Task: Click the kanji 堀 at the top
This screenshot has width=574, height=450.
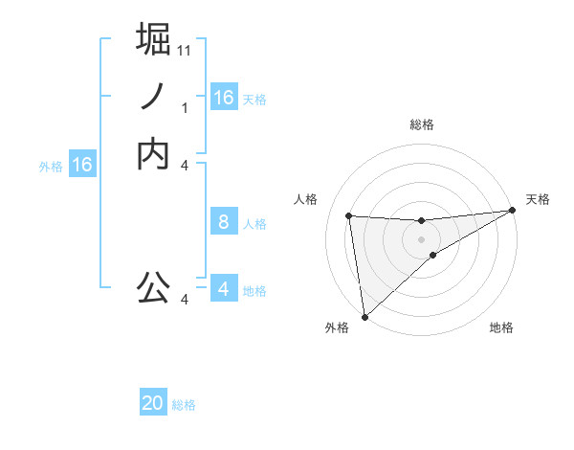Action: coord(153,39)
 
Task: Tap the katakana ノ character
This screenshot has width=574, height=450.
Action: coord(153,97)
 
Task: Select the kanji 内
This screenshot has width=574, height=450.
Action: coord(153,154)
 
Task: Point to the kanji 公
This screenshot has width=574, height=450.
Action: coord(153,286)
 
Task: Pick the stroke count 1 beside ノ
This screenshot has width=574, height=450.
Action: coord(185,108)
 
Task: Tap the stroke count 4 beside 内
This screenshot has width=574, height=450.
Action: coord(185,166)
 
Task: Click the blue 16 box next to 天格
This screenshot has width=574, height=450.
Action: coord(224,98)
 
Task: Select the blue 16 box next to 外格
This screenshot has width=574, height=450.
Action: coord(82,166)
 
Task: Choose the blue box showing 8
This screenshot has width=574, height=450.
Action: coord(224,222)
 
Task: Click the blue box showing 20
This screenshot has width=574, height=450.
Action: coord(153,404)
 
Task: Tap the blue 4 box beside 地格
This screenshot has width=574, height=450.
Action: coord(224,289)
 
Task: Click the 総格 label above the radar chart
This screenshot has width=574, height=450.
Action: coord(421,124)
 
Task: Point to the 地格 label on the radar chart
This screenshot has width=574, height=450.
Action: coord(501,328)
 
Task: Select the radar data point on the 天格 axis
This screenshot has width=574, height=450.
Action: coord(513,211)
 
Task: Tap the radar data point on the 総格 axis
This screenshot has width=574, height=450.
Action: coord(421,221)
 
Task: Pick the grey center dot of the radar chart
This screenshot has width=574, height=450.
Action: coord(421,239)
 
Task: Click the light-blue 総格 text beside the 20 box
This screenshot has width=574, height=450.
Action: coord(184,405)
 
